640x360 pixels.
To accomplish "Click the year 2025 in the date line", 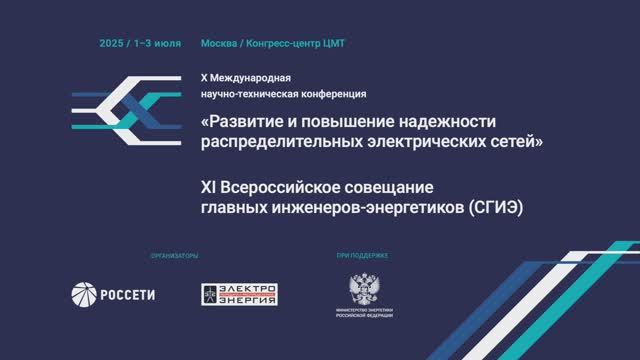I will click(x=111, y=44).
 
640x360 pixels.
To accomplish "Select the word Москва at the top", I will click(x=219, y=44).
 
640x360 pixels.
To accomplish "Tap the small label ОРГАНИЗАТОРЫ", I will click(x=175, y=256).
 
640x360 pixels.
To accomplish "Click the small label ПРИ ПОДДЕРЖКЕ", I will click(x=362, y=256).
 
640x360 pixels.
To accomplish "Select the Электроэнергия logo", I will click(x=240, y=294).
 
